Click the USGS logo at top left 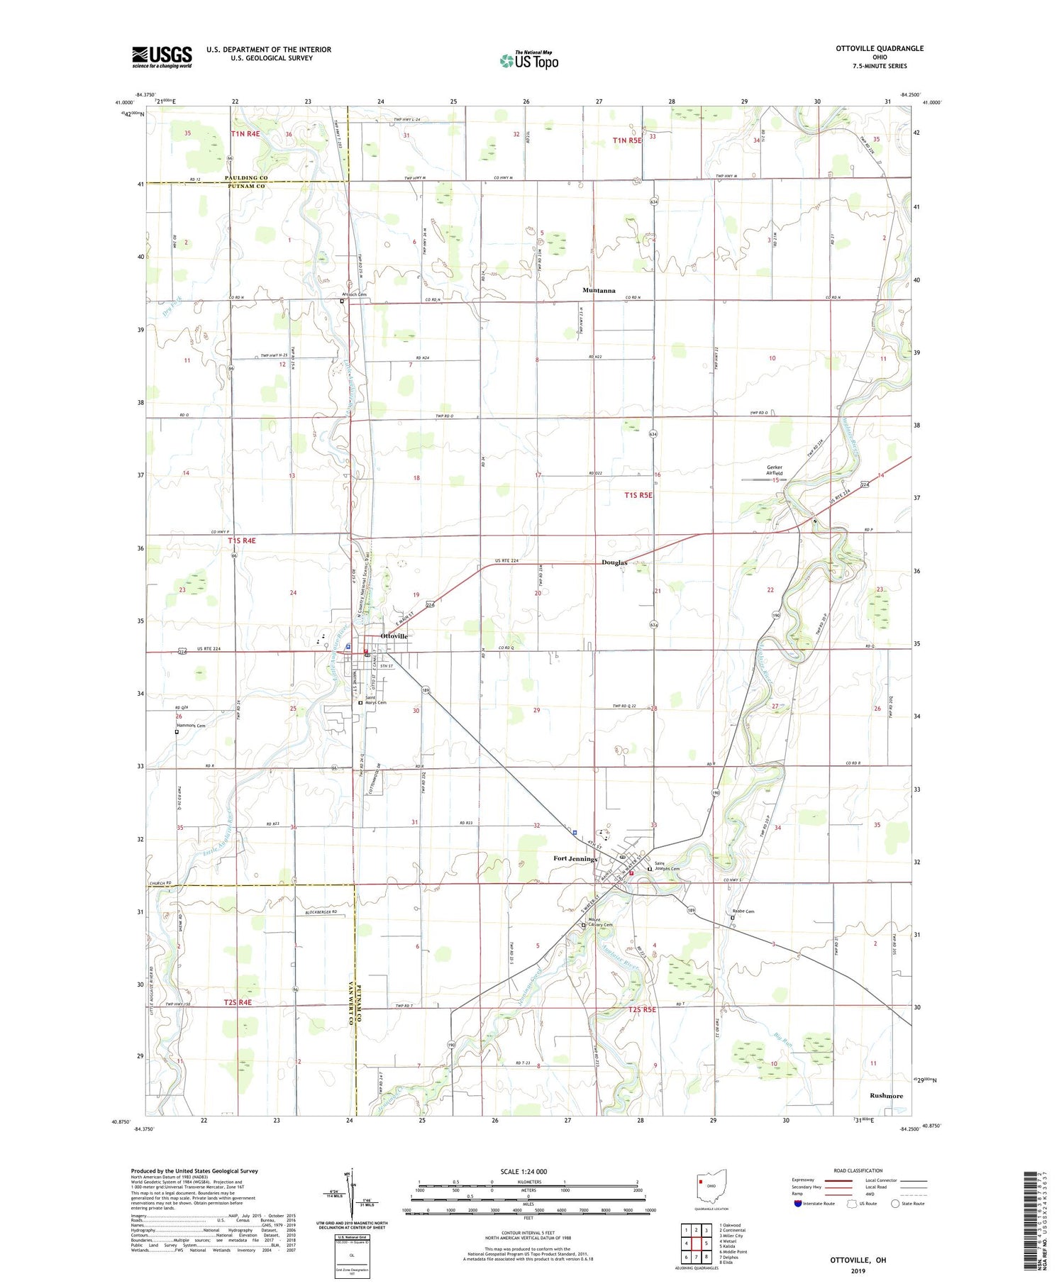coord(162,56)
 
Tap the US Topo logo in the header coord(529,61)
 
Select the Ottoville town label coord(394,636)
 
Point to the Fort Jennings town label coord(575,858)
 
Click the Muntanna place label coord(599,290)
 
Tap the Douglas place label coord(614,562)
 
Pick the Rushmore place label coord(886,1095)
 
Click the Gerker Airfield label coord(778,470)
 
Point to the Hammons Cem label coord(191,726)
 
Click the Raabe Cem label coord(743,911)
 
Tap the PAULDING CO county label coord(246,177)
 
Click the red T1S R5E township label coord(638,495)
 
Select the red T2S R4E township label coord(238,1002)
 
